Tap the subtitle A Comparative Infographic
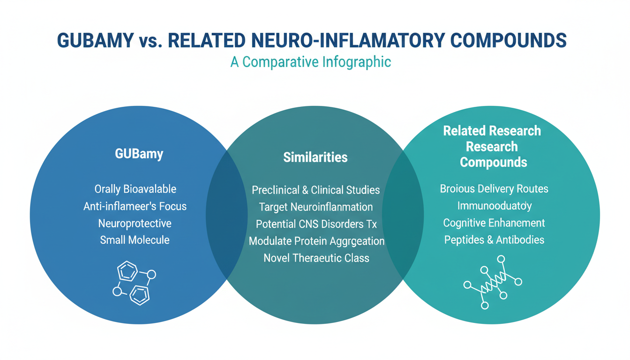(311, 62)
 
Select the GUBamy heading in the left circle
(139, 154)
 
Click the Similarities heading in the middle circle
(315, 157)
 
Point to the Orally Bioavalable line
(135, 189)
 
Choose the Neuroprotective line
(135, 223)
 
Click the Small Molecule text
(135, 240)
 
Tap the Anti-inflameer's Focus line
(135, 206)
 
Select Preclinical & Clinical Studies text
(315, 190)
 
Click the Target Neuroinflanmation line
(315, 207)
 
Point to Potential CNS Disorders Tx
(315, 224)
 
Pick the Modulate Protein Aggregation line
(316, 241)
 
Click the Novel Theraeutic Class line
(316, 258)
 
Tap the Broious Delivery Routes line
(494, 189)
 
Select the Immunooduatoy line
(494, 206)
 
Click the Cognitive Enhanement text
(494, 223)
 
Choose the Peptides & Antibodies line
(494, 240)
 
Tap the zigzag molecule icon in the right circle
(493, 282)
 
